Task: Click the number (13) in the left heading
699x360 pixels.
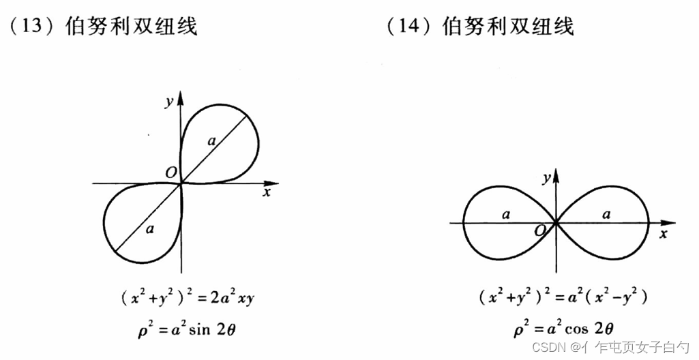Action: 31,27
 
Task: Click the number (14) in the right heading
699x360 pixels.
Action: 407,27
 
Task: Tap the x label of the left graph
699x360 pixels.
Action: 267,193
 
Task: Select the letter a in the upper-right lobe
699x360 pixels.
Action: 211,141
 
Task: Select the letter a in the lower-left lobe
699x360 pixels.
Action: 149,228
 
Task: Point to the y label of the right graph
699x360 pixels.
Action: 546,178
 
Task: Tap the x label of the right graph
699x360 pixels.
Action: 663,233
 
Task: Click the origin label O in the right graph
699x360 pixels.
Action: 540,232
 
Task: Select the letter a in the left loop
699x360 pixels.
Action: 505,214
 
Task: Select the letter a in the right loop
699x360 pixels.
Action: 606,214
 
